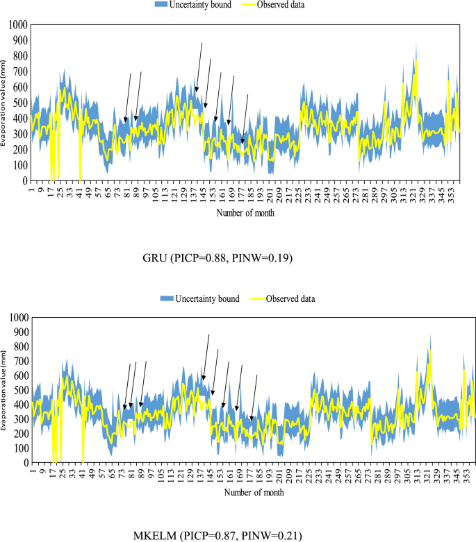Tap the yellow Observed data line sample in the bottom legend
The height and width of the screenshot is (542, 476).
coord(263,299)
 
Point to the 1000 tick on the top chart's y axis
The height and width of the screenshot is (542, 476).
coord(18,25)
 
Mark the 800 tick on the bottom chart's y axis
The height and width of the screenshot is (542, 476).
coord(22,346)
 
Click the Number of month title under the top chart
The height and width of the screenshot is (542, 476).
coord(245,213)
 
